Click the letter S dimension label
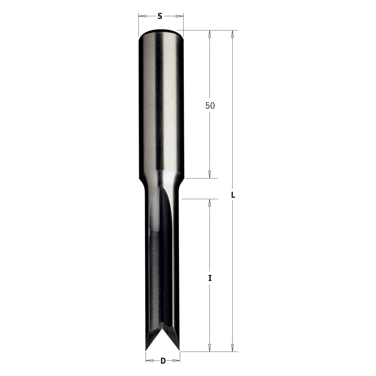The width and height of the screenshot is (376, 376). [160, 17]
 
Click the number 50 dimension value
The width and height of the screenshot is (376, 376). [210, 106]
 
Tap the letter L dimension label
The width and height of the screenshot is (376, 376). [233, 195]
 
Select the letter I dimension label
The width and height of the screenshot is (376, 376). [210, 278]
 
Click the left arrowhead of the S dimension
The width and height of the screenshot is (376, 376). [142, 16]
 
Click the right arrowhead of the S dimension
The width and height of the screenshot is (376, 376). [179, 16]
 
